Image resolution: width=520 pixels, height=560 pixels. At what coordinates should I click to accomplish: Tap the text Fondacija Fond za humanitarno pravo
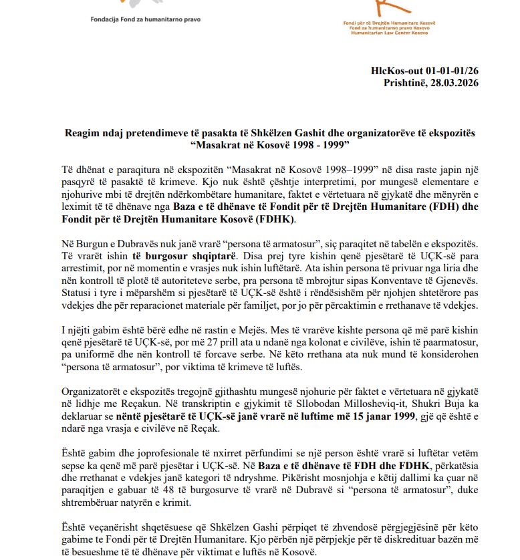click(x=145, y=20)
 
